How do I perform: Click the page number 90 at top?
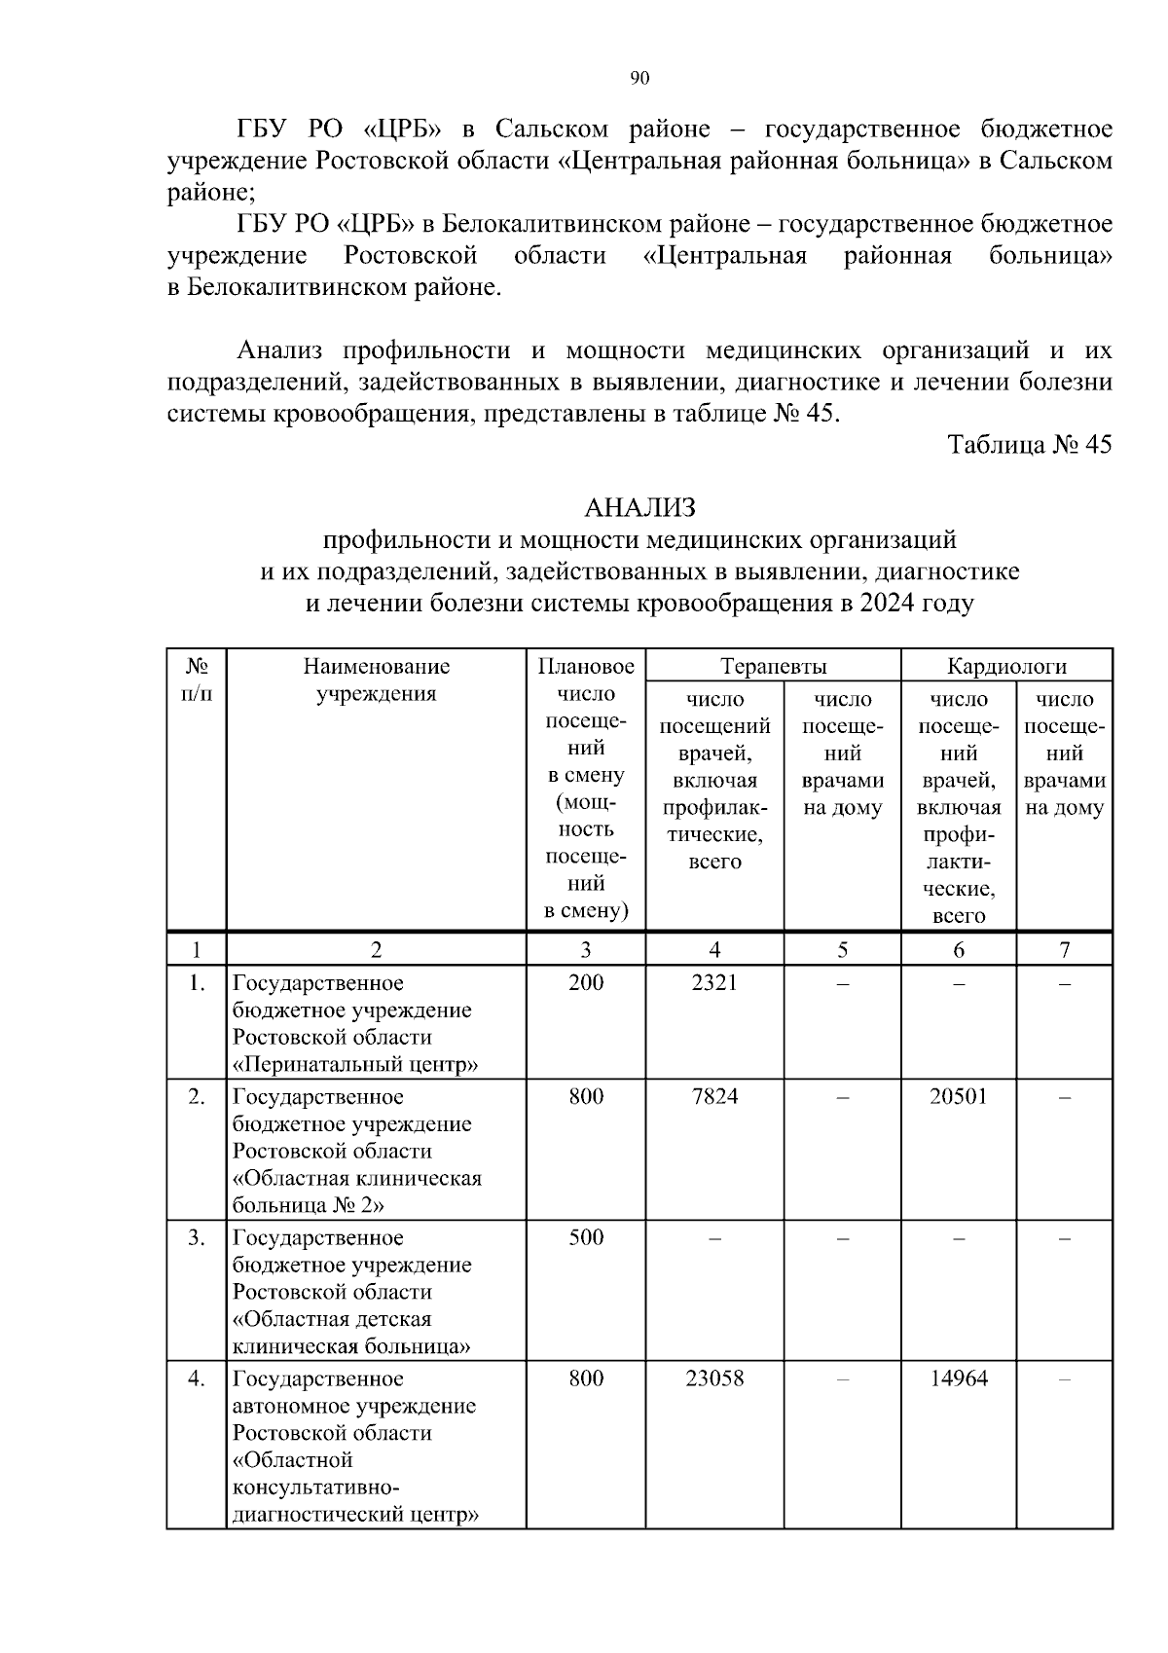point(639,79)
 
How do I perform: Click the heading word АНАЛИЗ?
point(639,508)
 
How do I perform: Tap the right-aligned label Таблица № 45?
point(1030,445)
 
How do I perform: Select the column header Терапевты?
point(774,667)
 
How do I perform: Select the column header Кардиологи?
point(1006,667)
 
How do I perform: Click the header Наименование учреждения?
point(377,680)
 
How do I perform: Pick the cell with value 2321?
point(714,983)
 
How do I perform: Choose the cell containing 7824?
point(714,1097)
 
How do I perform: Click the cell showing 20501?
point(958,1097)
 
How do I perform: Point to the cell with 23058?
point(714,1379)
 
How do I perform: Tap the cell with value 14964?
point(958,1379)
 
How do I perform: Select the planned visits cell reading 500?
point(586,1238)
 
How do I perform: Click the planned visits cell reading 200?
point(586,983)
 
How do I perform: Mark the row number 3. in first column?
point(197,1238)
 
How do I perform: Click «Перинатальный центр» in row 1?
point(355,1064)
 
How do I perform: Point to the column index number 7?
point(1065,950)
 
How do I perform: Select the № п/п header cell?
point(197,680)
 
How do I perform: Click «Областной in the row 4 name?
point(292,1460)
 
